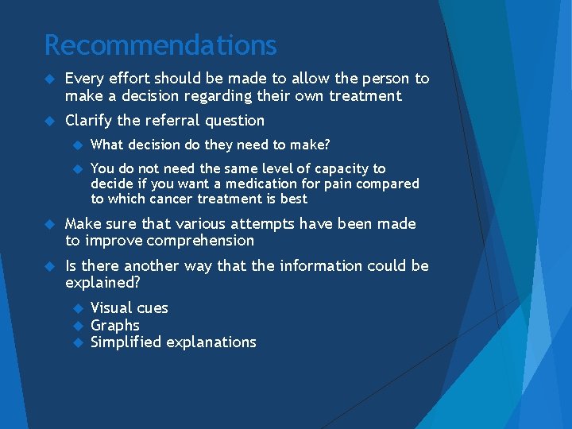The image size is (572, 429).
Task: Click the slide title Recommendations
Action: [160, 44]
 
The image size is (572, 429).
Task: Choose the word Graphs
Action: [115, 326]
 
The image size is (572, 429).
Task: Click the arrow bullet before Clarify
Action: [49, 121]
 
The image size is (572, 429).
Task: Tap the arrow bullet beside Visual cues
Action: [77, 308]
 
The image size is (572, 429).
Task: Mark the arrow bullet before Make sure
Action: [49, 224]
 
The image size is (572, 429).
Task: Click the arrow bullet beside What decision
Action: [77, 145]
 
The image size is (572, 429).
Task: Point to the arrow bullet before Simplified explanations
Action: [77, 342]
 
